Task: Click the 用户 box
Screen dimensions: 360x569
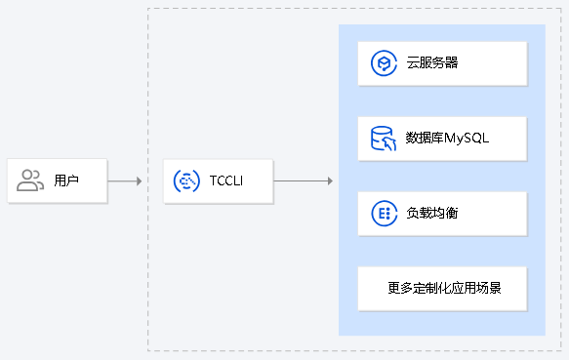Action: pos(58,180)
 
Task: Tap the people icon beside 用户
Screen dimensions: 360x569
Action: pos(31,180)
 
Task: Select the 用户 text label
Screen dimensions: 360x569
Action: pos(66,180)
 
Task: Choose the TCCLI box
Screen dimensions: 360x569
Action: pos(218,180)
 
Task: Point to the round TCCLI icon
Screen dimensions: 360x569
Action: pos(186,180)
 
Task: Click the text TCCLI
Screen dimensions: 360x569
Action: pos(226,180)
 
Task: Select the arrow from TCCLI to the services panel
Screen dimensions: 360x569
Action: pos(303,180)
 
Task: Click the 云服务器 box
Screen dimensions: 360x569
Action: pos(442,63)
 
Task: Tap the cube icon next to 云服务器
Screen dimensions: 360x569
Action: pos(382,63)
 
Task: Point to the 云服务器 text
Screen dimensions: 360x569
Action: pos(432,63)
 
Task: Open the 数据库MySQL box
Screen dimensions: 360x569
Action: pos(442,139)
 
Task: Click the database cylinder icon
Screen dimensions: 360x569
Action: pos(382,139)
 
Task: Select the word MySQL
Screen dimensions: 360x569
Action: pos(467,139)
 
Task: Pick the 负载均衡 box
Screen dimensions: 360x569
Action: pos(442,213)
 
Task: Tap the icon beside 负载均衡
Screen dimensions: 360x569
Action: pos(382,213)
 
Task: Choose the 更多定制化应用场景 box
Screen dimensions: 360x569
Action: pos(442,288)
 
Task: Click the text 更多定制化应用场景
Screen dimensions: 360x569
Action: pos(444,288)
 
